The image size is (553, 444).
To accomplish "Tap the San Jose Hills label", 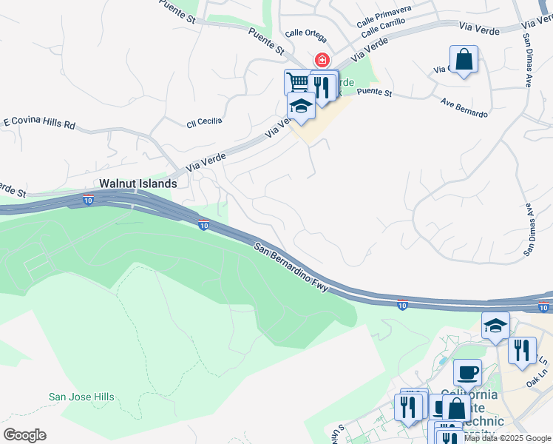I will (x=81, y=397).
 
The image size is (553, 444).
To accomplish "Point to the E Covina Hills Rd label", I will (x=39, y=122).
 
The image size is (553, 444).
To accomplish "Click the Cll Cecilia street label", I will (x=204, y=121).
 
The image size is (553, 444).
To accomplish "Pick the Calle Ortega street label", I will (x=305, y=33).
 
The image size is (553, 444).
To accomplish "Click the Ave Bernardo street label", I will (x=464, y=108).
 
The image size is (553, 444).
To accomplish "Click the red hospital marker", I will (x=322, y=60).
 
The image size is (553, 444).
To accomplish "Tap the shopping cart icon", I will (x=297, y=81).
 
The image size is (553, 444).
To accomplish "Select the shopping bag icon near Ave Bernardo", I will (x=464, y=59).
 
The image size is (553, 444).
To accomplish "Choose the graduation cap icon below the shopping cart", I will (x=301, y=106).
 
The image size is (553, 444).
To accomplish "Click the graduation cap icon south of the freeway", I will (x=495, y=325).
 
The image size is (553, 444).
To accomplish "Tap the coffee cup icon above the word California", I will (x=466, y=371).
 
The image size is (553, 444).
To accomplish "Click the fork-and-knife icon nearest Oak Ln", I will (x=522, y=351).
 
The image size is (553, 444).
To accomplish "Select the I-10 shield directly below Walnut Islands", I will (x=88, y=200).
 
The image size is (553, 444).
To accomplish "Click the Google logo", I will (x=24, y=435).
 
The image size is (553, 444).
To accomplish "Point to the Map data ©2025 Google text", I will (x=507, y=438).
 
